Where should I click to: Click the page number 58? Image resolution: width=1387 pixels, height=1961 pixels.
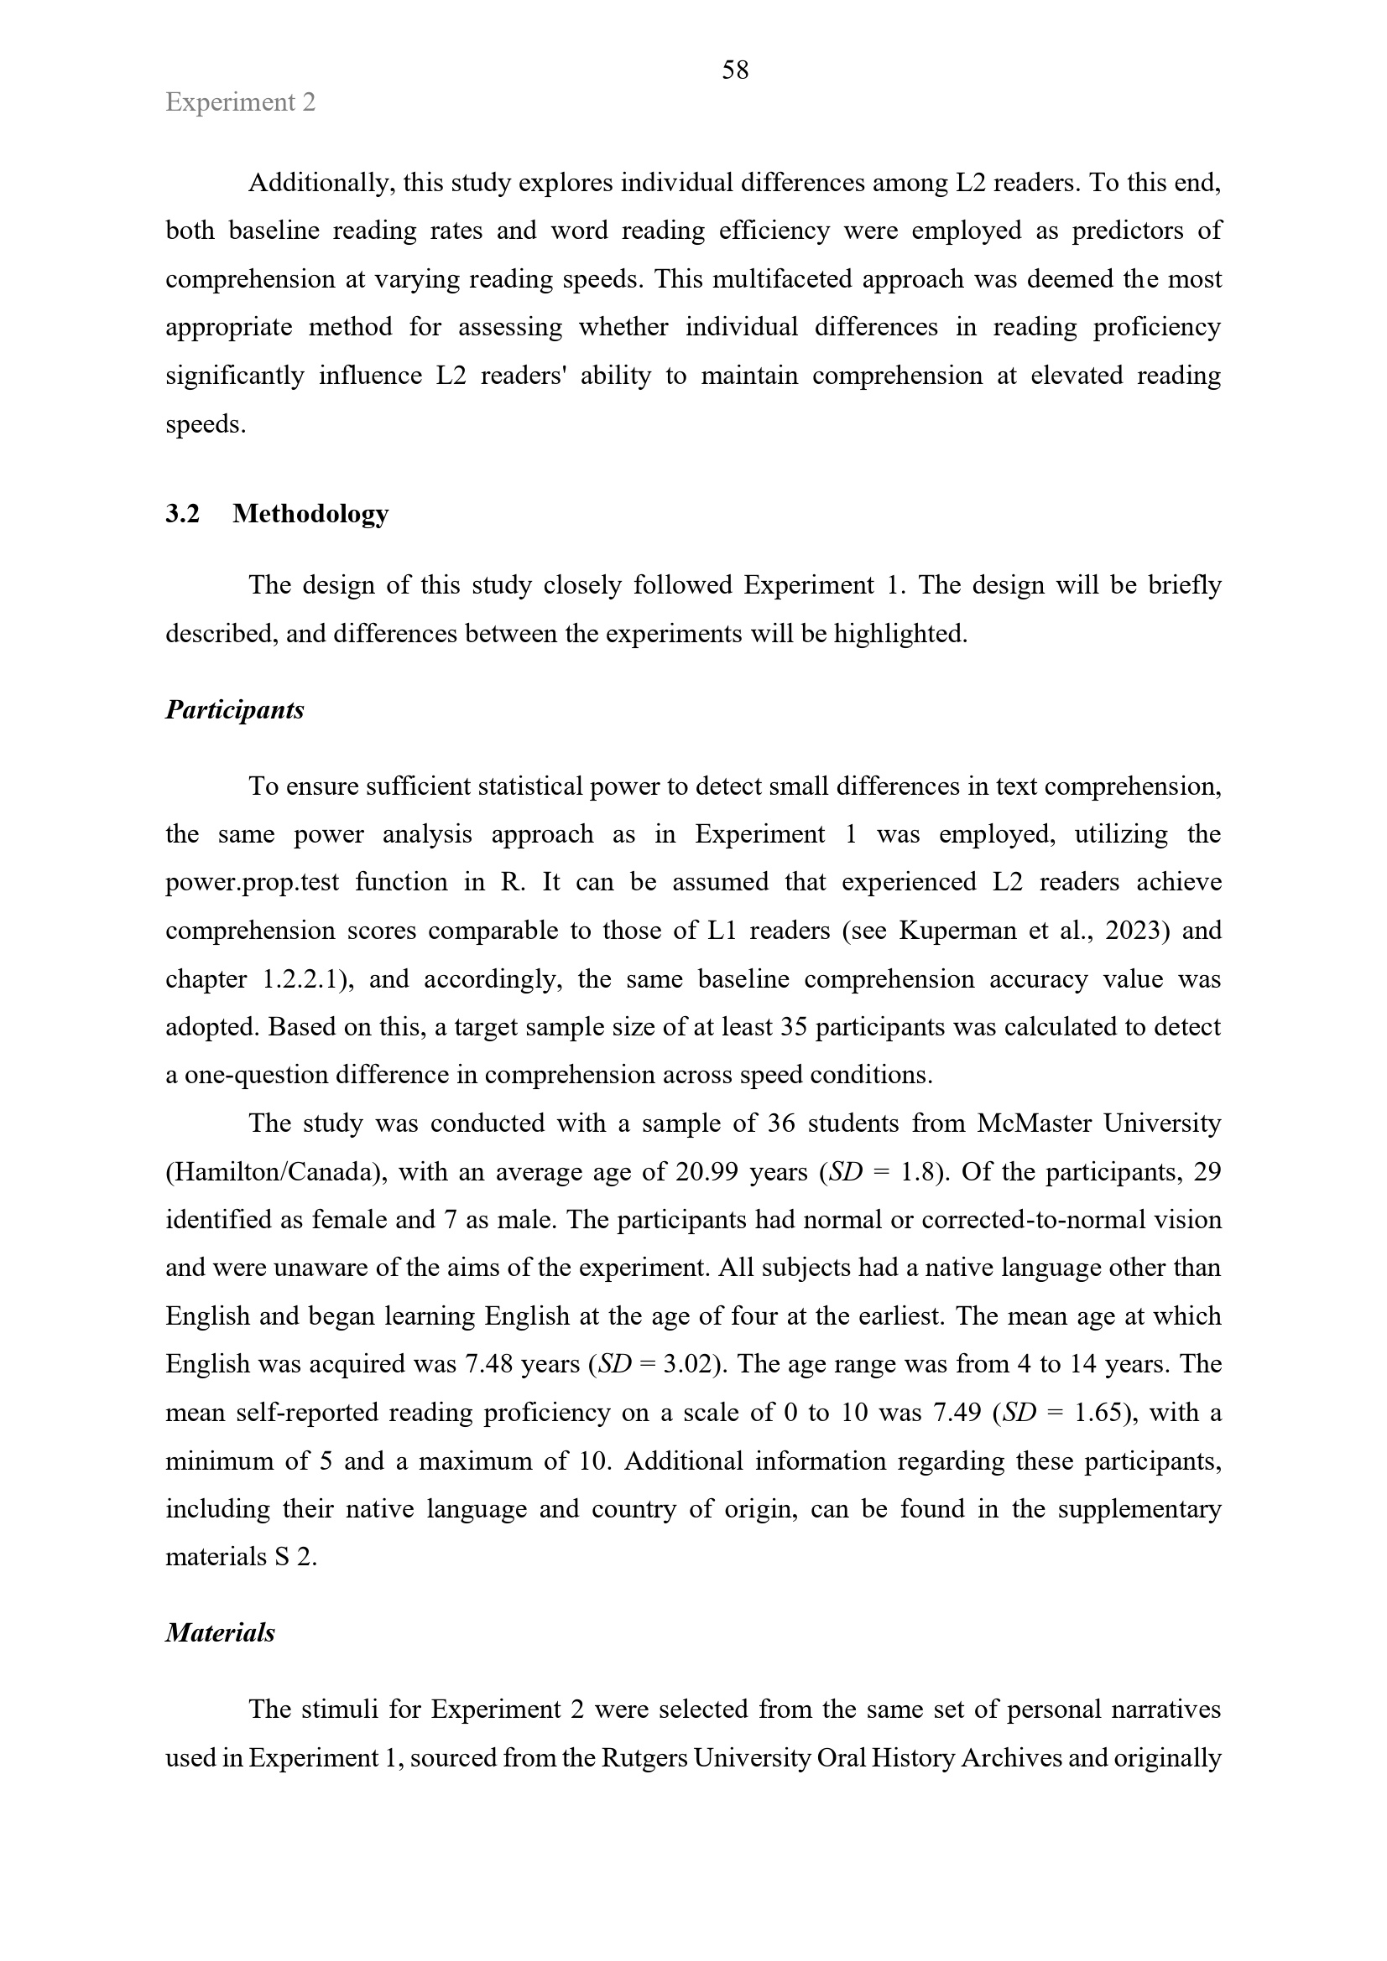(x=735, y=70)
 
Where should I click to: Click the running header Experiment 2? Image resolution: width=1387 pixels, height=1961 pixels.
(x=240, y=102)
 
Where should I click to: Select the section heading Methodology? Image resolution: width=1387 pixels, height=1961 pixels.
(x=310, y=513)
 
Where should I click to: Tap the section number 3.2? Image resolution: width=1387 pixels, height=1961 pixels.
(x=182, y=513)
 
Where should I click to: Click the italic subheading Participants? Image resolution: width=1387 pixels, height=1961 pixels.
(x=234, y=710)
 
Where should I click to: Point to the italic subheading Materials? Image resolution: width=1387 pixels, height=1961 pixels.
(x=220, y=1632)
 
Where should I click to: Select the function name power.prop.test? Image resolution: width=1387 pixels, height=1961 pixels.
(x=252, y=881)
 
